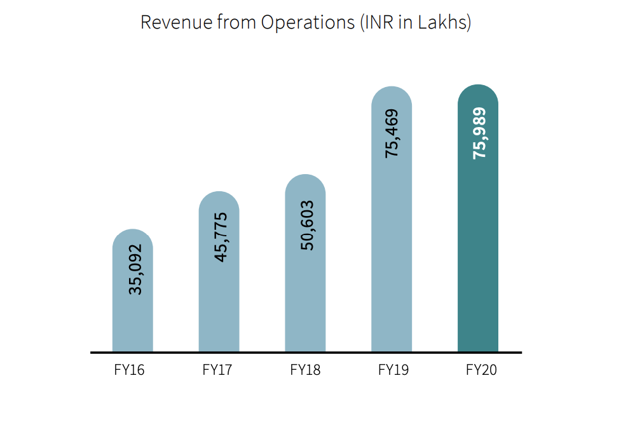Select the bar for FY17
[219, 305]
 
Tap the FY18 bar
[305, 299]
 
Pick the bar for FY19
[392, 254]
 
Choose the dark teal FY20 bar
[478, 254]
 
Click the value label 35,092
[135, 269]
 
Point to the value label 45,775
[221, 237]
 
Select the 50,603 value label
[308, 226]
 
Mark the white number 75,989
[479, 133]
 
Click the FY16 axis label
[130, 370]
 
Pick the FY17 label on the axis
[217, 370]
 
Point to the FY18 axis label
[305, 370]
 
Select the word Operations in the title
[308, 23]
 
